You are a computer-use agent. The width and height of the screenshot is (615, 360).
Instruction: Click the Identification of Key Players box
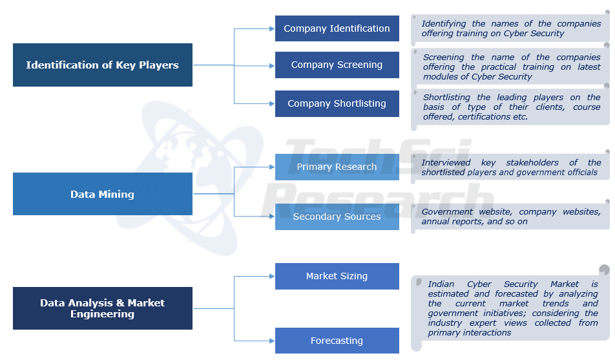(x=103, y=65)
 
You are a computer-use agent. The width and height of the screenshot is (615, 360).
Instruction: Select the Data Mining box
(x=103, y=194)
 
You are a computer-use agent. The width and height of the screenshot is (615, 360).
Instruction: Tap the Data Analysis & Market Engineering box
(x=103, y=308)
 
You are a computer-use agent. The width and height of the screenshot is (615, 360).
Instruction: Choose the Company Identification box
(x=337, y=28)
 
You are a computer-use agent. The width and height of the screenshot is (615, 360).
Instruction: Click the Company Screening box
(x=337, y=65)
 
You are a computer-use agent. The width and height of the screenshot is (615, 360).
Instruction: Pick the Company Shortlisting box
(x=337, y=103)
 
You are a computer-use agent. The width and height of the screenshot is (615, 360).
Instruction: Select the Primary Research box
(x=337, y=167)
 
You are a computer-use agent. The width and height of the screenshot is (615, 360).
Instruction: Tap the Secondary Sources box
(x=337, y=217)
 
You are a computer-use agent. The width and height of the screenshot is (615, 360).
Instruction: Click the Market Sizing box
(x=337, y=276)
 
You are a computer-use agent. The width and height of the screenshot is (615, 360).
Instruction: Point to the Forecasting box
(x=337, y=341)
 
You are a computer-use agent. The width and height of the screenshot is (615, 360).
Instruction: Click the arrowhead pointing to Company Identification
(x=271, y=28)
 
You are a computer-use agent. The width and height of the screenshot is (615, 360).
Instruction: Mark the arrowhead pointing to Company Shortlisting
(x=271, y=103)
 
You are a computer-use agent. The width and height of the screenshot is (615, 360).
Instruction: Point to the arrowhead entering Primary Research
(x=271, y=167)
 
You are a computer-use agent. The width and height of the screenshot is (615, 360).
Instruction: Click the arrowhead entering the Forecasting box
(x=271, y=341)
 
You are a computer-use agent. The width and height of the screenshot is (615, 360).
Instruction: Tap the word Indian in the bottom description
(x=442, y=284)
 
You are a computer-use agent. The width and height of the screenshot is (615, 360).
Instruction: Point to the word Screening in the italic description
(x=445, y=57)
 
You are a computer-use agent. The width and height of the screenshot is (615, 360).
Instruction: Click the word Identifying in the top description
(x=444, y=24)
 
